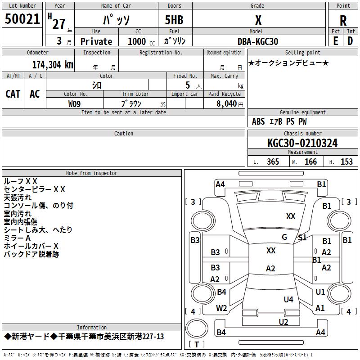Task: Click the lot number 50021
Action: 22,19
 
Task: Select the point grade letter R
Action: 343,21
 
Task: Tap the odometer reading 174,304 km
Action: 53,65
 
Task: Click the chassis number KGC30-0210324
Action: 302,143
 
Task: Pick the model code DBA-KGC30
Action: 257,41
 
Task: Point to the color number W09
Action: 74,104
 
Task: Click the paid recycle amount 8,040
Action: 227,104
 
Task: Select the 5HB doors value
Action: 174,20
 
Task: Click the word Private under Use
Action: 96,41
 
